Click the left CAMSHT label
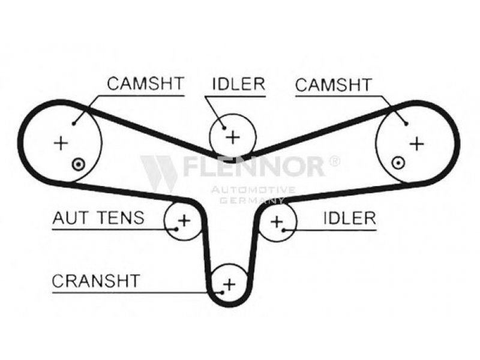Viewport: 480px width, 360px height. tap(145, 84)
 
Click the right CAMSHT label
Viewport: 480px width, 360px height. tap(333, 85)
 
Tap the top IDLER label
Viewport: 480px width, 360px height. tap(238, 84)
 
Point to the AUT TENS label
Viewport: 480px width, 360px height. tap(98, 217)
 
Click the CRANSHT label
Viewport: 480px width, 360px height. tap(96, 280)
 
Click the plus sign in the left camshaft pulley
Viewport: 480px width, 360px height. tap(60, 143)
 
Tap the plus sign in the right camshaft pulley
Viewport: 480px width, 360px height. tap(416, 143)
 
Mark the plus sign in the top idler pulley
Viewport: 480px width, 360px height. tap(232, 136)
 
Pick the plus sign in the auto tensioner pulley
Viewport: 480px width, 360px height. tap(184, 220)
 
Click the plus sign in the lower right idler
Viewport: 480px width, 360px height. tap(276, 221)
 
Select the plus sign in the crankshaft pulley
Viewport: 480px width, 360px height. tap(229, 283)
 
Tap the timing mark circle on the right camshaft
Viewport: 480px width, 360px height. tap(396, 162)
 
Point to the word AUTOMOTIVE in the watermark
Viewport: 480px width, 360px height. tap(252, 190)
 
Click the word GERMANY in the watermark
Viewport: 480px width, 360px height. tap(252, 200)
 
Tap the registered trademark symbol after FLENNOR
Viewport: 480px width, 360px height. tap(334, 160)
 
